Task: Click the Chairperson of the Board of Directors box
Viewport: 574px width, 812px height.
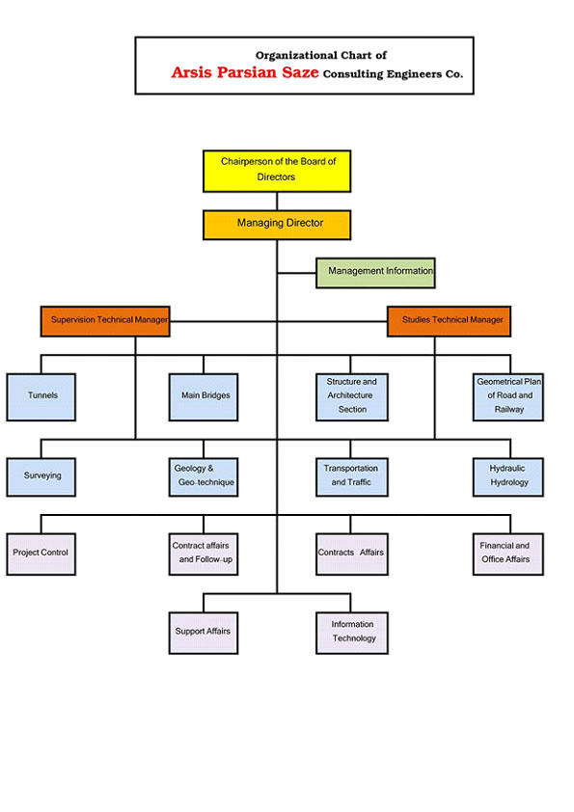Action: pyautogui.click(x=277, y=172)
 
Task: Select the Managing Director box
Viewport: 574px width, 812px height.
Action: pyautogui.click(x=277, y=225)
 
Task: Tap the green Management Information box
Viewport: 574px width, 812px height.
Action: pyautogui.click(x=375, y=273)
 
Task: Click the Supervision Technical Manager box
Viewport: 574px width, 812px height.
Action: pyautogui.click(x=105, y=321)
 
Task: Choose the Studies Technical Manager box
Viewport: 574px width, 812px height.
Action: pyautogui.click(x=449, y=321)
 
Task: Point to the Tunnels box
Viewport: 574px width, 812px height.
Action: pyautogui.click(x=41, y=397)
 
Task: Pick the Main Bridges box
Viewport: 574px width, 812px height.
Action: pyautogui.click(x=204, y=397)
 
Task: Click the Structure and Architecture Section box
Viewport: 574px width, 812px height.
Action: pyautogui.click(x=352, y=397)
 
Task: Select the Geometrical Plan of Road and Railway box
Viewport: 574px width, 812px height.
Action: pyautogui.click(x=508, y=397)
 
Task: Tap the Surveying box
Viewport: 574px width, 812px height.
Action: pyautogui.click(x=41, y=477)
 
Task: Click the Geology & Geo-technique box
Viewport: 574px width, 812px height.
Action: pyautogui.click(x=204, y=477)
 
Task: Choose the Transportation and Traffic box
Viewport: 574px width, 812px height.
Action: pyautogui.click(x=352, y=477)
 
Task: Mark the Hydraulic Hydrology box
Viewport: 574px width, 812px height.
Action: pyautogui.click(x=508, y=477)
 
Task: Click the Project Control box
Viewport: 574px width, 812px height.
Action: pyautogui.click(x=41, y=555)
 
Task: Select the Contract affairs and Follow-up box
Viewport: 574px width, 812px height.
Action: pyautogui.click(x=204, y=555)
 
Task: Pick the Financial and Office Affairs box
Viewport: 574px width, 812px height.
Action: pyautogui.click(x=508, y=555)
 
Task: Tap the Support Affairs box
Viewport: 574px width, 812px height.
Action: pyautogui.click(x=204, y=633)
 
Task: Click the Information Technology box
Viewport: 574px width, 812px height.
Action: pyautogui.click(x=352, y=633)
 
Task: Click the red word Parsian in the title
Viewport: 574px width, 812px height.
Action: pyautogui.click(x=247, y=72)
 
